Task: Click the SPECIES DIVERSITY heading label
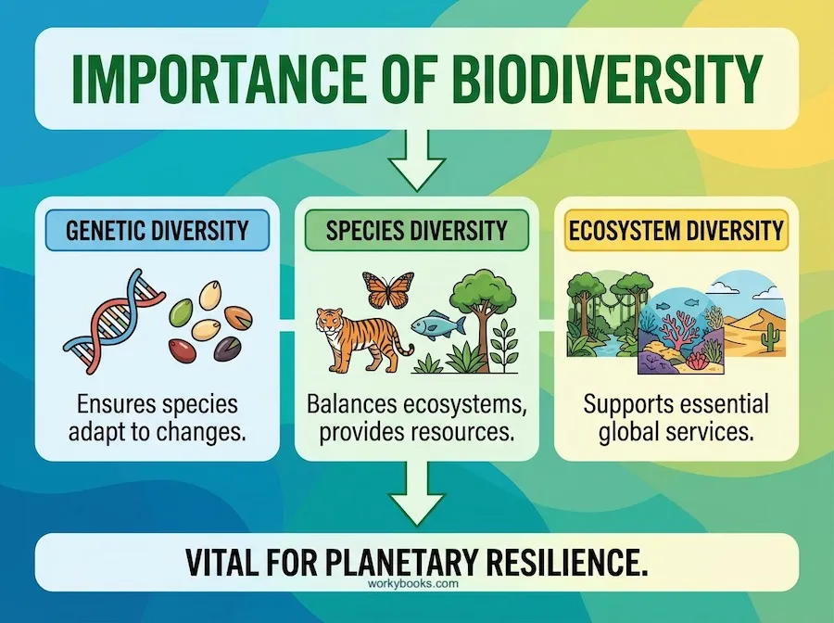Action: point(416,230)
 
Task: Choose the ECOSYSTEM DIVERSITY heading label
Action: point(676,230)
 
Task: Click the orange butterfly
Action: point(387,290)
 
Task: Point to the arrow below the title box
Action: point(416,159)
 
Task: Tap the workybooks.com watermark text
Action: point(416,585)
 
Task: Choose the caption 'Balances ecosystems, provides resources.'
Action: point(416,418)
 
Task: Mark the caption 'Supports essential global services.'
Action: point(676,418)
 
